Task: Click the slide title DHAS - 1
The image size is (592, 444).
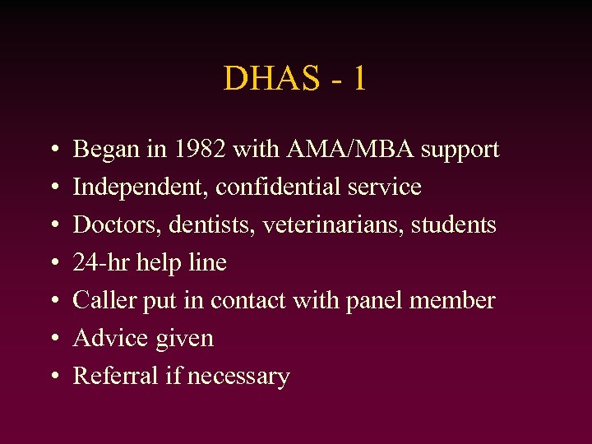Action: tap(295, 79)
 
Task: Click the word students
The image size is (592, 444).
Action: tap(457, 225)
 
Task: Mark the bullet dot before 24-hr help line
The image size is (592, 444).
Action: tap(53, 264)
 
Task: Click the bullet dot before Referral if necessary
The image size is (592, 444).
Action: tap(53, 377)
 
